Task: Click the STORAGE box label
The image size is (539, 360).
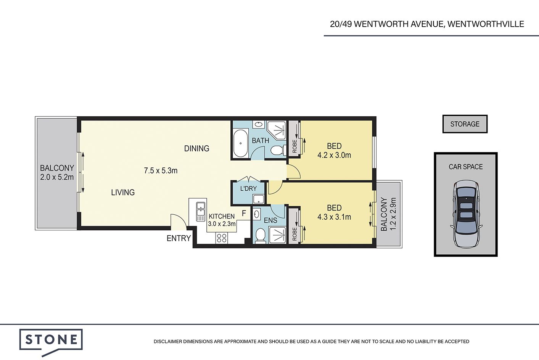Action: point(465,124)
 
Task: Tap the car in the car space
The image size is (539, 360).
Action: point(466,214)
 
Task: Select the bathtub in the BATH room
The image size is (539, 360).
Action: point(240,143)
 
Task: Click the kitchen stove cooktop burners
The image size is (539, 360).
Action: point(222,238)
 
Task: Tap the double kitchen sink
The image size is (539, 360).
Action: point(200,212)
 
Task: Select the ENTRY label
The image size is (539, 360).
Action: point(179,238)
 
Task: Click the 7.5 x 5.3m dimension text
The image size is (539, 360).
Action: point(161,171)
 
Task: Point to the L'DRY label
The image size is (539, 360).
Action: point(249,188)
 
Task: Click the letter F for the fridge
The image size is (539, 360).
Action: point(244,213)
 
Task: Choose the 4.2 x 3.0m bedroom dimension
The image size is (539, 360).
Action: point(334,155)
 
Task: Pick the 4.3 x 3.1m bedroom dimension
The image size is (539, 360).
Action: point(334,217)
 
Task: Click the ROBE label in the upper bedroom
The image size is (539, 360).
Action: point(294,146)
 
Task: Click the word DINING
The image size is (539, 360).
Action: point(196,149)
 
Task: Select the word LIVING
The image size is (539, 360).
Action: point(123,192)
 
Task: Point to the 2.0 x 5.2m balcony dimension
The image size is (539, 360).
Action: point(57,177)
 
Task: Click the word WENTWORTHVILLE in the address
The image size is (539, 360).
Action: point(486,24)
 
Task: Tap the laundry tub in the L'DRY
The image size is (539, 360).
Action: point(258,199)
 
